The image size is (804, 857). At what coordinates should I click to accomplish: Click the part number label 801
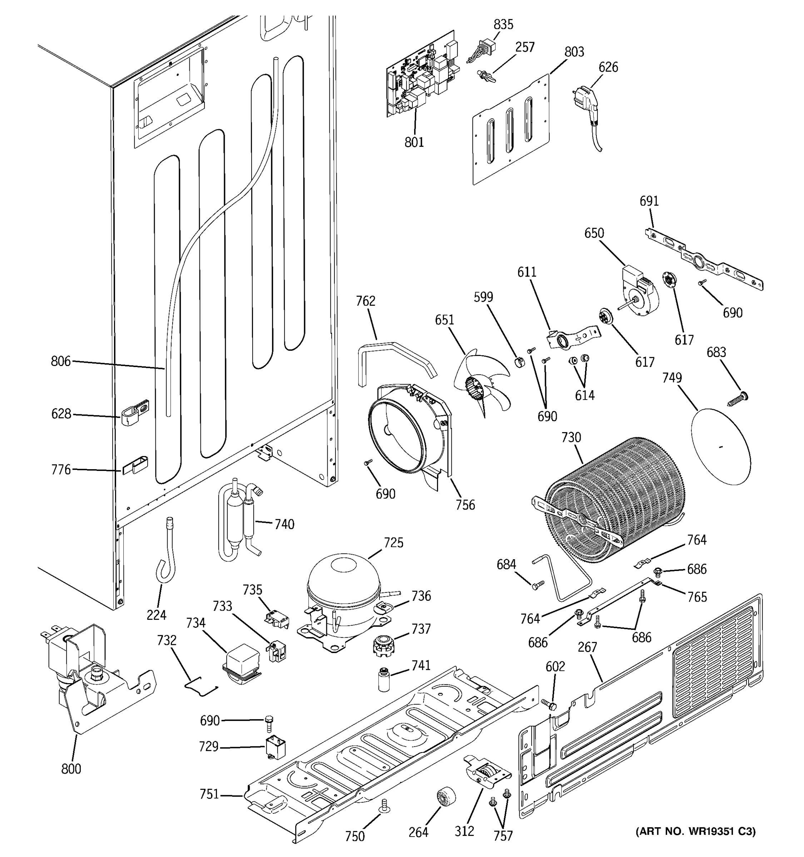(x=414, y=142)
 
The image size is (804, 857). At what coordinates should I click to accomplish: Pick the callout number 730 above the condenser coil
(x=571, y=437)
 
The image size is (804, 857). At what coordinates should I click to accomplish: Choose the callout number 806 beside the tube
(x=60, y=361)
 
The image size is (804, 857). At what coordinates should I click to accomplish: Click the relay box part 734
(x=241, y=664)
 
